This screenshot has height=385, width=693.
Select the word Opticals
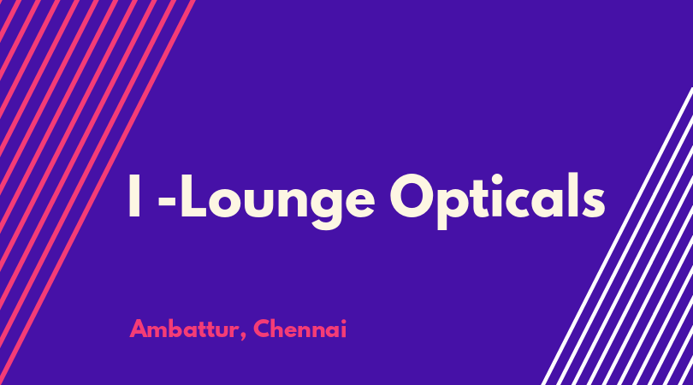[497, 201]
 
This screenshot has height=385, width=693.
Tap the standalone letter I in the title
[134, 195]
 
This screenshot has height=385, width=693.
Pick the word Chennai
[300, 329]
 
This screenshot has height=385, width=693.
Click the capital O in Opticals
[414, 195]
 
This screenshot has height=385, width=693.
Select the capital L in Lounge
[193, 195]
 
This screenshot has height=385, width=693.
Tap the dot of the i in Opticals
[498, 178]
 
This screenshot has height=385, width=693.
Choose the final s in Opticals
[594, 202]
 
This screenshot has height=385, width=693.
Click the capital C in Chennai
[262, 329]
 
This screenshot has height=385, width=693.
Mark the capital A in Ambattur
[139, 329]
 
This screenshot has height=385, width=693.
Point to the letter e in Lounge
[359, 202]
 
